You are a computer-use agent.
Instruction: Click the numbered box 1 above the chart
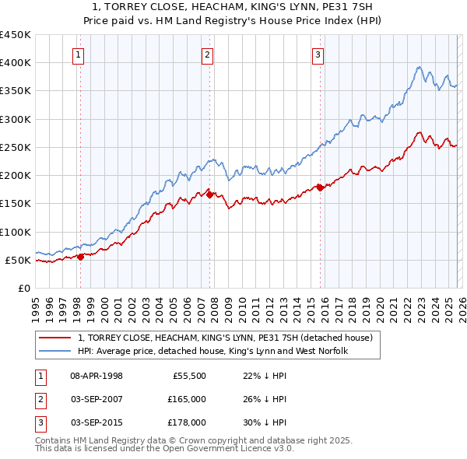(x=80, y=54)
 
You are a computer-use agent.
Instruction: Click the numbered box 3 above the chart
(x=319, y=54)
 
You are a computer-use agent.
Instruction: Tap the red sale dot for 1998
(x=80, y=258)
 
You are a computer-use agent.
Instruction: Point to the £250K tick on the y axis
(x=15, y=147)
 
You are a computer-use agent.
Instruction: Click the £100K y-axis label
(x=15, y=232)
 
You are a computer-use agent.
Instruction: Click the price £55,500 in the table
(x=188, y=376)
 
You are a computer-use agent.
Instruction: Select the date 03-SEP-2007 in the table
(x=97, y=399)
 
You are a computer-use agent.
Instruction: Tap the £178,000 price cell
(x=187, y=422)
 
